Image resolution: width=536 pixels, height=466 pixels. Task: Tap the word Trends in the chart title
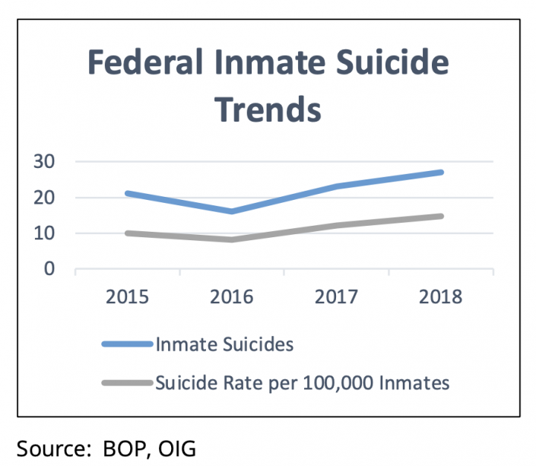coord(268,109)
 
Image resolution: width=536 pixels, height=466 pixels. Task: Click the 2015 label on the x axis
coord(126,296)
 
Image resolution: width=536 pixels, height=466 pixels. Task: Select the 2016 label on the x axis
coord(231,296)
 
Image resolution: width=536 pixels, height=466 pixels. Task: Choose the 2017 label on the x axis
coord(336,296)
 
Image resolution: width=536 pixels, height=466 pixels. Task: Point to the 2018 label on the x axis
coord(440,296)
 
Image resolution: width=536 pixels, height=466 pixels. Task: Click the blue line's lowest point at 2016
coord(231,211)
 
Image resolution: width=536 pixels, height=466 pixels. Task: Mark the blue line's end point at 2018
coord(441,173)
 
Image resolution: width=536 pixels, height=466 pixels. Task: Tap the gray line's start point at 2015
coord(126,233)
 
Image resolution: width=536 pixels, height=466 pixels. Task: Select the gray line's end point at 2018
coord(441,216)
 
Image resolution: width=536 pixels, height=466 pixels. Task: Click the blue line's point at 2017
coord(336,186)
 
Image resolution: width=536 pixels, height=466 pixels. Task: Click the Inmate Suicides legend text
coord(224,344)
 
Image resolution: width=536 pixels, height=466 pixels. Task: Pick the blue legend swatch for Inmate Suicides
coord(127,344)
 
